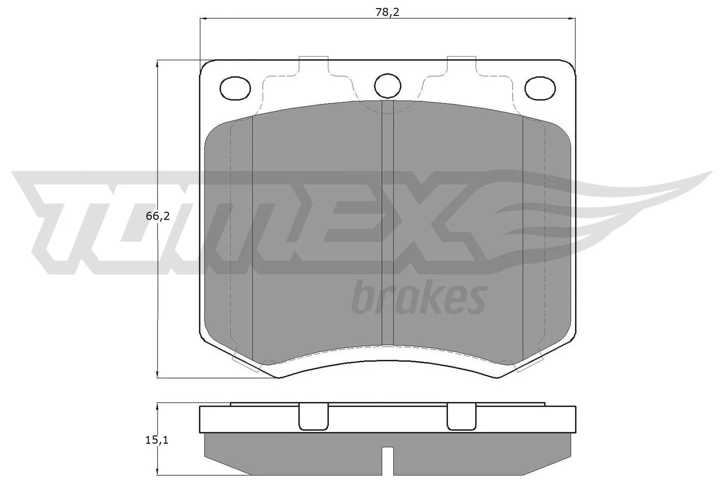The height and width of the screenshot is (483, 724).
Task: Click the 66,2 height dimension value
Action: tap(157, 216)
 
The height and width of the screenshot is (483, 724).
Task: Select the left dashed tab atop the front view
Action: tap(313, 63)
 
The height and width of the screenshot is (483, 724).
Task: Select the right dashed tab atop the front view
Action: tap(462, 63)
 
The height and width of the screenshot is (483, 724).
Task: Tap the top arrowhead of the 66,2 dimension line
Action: tap(157, 63)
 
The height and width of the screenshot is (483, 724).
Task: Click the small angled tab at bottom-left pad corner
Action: tap(244, 364)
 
